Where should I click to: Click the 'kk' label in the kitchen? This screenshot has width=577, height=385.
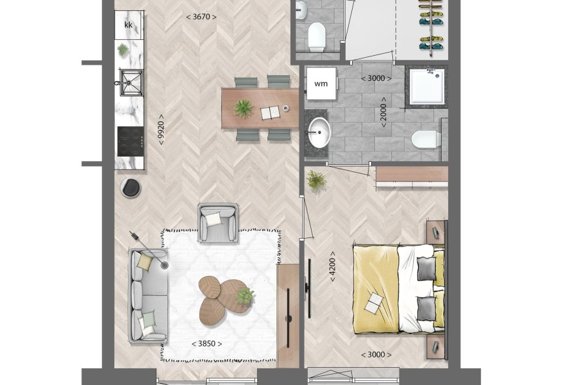coord(128,25)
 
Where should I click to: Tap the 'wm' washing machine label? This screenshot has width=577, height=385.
coord(321,83)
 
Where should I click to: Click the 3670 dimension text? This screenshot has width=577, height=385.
coord(201,17)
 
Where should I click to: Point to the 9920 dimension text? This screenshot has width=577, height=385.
coord(161,130)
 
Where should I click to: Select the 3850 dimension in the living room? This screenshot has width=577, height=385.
coord(207,344)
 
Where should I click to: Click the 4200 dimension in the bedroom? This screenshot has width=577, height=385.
coord(332,267)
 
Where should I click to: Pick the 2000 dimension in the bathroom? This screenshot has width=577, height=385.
coord(383,112)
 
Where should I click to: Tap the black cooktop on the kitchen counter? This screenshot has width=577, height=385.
coord(130,141)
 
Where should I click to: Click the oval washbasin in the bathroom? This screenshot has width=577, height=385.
coord(319,132)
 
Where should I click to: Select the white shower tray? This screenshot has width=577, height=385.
coord(427,86)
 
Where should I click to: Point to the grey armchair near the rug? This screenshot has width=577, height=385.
coord(218,223)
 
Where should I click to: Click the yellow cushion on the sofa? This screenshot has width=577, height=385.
coord(145,262)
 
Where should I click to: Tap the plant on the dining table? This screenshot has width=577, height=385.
coord(244,108)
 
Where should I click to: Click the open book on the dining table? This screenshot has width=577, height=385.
coord(271,112)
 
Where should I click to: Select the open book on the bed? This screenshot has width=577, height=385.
coord(375,303)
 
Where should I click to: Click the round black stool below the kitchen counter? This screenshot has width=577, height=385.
coord(131,187)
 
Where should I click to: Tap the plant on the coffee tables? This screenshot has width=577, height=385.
coord(245,296)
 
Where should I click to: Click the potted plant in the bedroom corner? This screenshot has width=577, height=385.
coord(317,180)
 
